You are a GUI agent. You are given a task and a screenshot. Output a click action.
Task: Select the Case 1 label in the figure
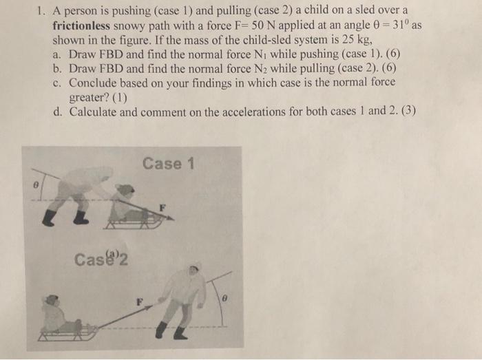[x=169, y=164]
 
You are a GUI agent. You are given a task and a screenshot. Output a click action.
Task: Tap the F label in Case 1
[x=163, y=206]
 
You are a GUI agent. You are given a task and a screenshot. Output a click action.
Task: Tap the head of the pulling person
[x=193, y=269]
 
